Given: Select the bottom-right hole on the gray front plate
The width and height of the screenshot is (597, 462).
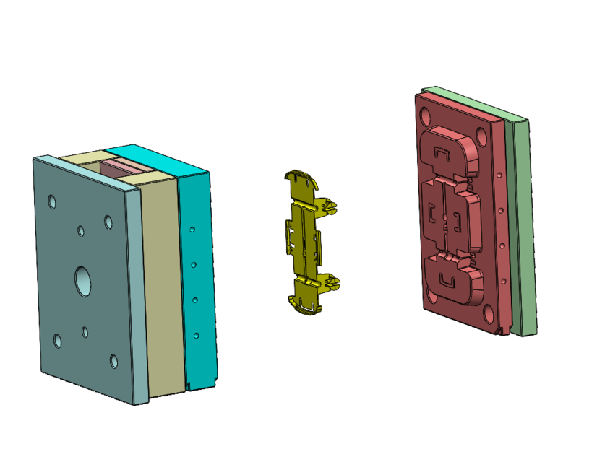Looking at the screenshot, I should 113,360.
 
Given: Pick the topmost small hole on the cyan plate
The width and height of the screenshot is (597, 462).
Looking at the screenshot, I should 192,230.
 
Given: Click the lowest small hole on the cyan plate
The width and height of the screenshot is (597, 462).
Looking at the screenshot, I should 196,335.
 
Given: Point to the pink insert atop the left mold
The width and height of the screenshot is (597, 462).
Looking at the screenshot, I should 121,168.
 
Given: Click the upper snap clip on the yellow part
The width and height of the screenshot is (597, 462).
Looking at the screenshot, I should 330,207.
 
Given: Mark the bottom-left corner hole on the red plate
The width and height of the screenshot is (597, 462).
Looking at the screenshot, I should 432,295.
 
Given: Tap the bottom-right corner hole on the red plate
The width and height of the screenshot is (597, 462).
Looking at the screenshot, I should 489,313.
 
